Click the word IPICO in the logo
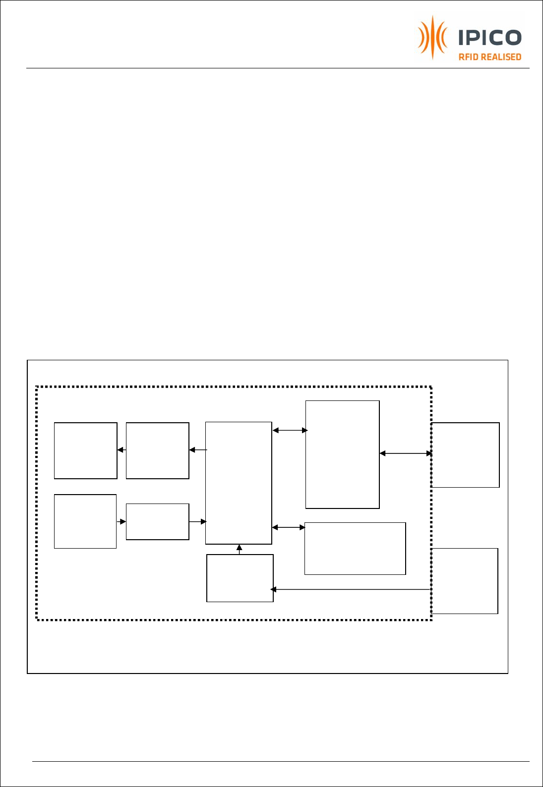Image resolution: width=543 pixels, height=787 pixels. click(x=490, y=37)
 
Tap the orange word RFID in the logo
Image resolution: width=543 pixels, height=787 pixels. click(x=468, y=57)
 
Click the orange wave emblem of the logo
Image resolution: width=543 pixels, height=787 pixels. click(x=432, y=37)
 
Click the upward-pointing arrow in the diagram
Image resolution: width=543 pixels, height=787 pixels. click(x=240, y=550)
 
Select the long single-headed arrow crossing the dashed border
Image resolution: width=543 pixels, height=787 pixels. click(x=351, y=589)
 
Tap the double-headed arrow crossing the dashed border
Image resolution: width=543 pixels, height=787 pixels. click(x=406, y=453)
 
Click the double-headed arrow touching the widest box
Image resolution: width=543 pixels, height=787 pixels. click(x=289, y=527)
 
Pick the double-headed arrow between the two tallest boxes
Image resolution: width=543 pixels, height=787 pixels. click(x=290, y=430)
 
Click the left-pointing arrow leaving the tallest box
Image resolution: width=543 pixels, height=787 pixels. click(x=198, y=450)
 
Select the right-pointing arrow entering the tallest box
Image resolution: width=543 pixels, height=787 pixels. click(x=198, y=522)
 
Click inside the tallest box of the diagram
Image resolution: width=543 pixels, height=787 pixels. click(x=239, y=483)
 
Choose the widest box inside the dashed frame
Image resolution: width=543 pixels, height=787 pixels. click(x=355, y=549)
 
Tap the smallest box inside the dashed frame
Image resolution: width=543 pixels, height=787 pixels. click(x=158, y=522)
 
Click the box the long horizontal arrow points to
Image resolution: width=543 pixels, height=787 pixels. click(x=240, y=578)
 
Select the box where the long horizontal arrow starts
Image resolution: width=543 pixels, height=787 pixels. click(x=465, y=581)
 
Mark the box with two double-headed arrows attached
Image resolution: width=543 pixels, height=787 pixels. click(x=342, y=454)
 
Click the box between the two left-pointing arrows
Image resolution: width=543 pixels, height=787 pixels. click(x=158, y=450)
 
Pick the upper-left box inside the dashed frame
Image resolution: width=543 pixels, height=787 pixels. click(x=85, y=450)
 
